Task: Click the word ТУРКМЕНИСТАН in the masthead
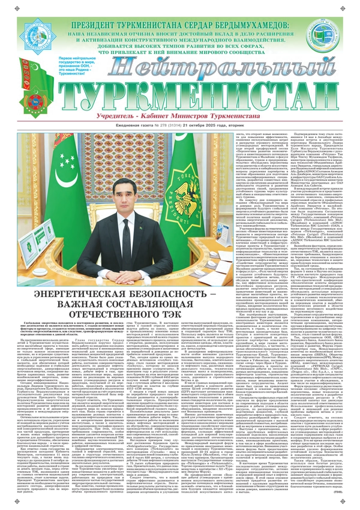click(180, 95)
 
